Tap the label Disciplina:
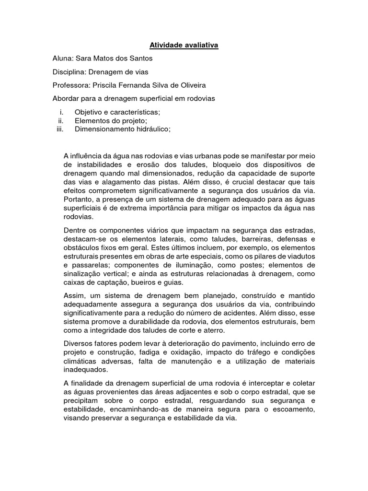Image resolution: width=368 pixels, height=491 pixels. click(70, 72)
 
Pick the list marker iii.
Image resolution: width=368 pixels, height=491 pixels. click(60, 129)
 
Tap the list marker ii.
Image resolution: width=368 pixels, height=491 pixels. click(61, 120)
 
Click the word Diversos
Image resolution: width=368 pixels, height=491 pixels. click(78, 344)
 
